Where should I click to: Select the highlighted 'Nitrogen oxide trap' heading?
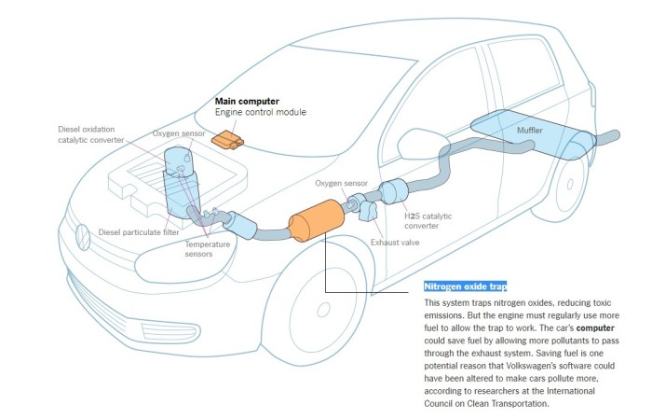click(x=465, y=286)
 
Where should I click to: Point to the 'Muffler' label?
click(x=530, y=132)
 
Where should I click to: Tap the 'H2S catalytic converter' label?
click(x=430, y=221)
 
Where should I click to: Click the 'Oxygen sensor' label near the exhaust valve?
click(x=343, y=185)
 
